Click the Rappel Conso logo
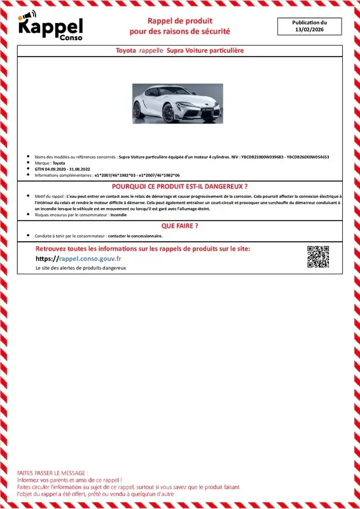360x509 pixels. point(50,27)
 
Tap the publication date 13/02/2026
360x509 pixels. point(309,30)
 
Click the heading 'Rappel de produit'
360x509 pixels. point(180,21)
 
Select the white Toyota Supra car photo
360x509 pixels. point(177,103)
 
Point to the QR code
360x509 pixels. point(318,256)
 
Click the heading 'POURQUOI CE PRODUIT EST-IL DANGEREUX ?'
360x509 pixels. point(180,186)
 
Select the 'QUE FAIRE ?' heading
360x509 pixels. point(180,225)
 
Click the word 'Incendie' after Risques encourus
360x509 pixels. point(118,215)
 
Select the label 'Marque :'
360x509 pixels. point(43,163)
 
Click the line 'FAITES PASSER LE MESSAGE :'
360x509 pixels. point(53,473)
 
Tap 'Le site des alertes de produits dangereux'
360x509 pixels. point(81,269)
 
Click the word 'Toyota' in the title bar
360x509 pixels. point(126,50)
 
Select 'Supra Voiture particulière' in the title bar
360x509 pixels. point(205,50)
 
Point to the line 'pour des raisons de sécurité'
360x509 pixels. point(180,31)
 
